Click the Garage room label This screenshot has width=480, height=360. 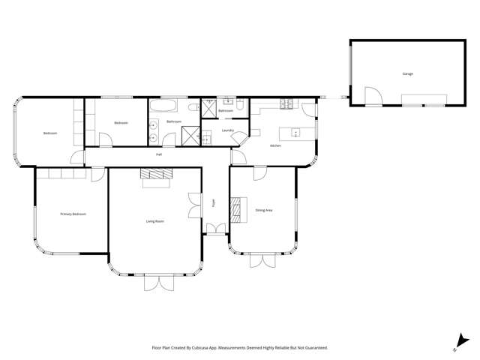point(408,73)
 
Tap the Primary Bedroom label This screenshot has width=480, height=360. point(73,214)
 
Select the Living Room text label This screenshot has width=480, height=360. point(155,221)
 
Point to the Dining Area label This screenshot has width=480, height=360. point(263,210)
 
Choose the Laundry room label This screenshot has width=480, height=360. point(229,130)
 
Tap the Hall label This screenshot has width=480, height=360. point(159,154)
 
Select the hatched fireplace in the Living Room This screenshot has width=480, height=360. point(156,174)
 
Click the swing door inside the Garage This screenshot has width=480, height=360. point(371,95)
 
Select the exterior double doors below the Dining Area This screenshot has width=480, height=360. point(262,259)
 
